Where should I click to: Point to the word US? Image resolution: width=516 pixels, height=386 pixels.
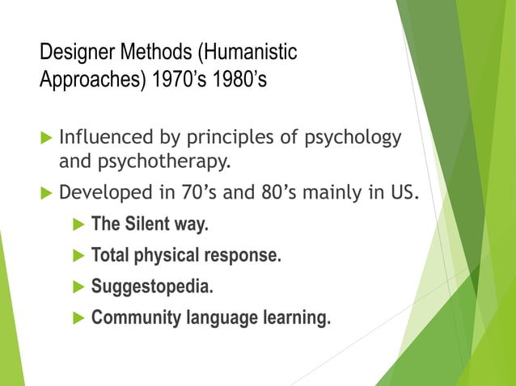click(404, 193)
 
